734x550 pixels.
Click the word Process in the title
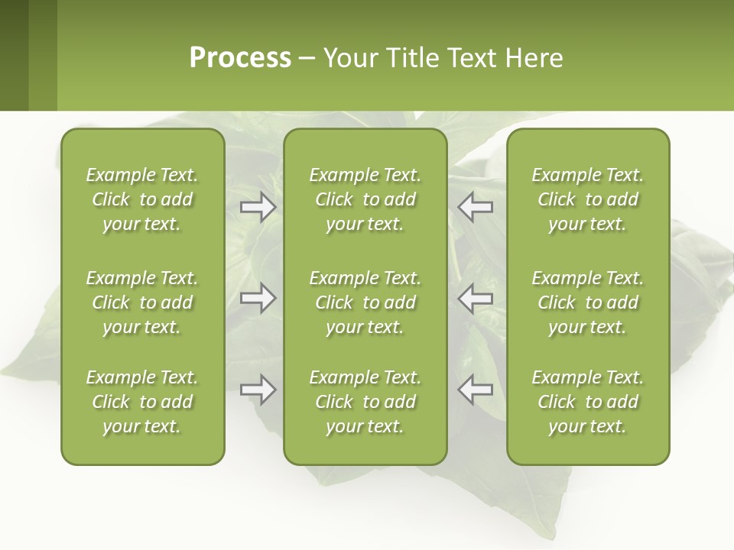pos(240,58)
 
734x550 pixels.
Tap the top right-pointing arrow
pos(258,207)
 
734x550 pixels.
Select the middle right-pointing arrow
pos(258,298)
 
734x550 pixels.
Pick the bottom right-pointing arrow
pos(258,390)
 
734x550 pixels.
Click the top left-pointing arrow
pos(476,207)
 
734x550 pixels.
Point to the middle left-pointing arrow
pos(476,298)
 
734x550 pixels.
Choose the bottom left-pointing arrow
pos(476,390)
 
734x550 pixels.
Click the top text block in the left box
pos(142,199)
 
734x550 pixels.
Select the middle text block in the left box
pos(142,302)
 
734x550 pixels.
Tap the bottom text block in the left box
pos(142,402)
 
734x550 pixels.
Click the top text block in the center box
pos(365,199)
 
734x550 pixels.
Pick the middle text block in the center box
pos(365,302)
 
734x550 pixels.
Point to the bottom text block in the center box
pos(365,402)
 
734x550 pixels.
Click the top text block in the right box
pos(588,199)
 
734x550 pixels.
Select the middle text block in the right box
pos(588,302)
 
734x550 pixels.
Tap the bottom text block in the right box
pos(588,402)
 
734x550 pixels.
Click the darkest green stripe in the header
pos(14,55)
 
